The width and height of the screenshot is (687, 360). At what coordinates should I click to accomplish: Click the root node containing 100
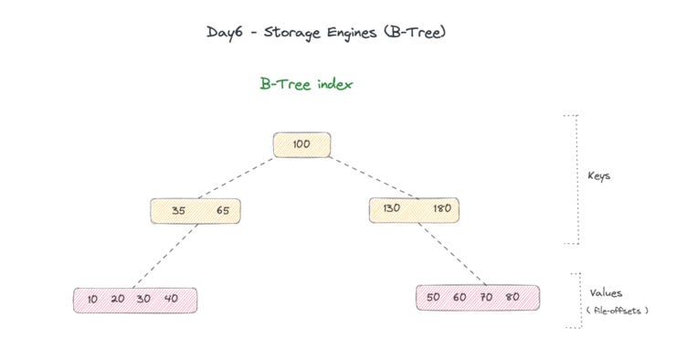coord(301,145)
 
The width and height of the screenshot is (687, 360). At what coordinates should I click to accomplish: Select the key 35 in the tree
coord(178,211)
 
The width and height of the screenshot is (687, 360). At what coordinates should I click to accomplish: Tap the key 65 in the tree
coord(223,211)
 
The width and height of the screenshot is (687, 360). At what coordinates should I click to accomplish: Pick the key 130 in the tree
coord(392,209)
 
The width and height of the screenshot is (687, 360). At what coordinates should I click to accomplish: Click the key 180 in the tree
coord(440,209)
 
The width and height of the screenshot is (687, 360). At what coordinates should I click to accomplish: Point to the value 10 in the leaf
coord(92,300)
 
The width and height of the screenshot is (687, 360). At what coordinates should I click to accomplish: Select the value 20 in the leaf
coord(118,300)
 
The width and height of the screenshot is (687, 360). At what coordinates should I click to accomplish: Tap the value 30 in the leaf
coord(143,300)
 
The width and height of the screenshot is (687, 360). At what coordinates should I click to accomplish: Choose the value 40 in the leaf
coord(171,300)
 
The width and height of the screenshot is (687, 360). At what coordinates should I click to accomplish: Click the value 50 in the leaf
coord(433,298)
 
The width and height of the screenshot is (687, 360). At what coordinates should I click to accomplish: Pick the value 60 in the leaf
coord(460,298)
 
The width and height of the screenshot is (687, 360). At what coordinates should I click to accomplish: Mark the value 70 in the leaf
coord(486,298)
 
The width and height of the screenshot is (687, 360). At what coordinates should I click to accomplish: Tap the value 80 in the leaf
coord(513,298)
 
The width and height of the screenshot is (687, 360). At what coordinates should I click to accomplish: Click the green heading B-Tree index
coord(306,83)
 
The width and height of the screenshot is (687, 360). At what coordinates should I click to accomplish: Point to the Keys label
coord(598,176)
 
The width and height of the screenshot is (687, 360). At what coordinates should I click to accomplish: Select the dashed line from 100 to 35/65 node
coord(232,179)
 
